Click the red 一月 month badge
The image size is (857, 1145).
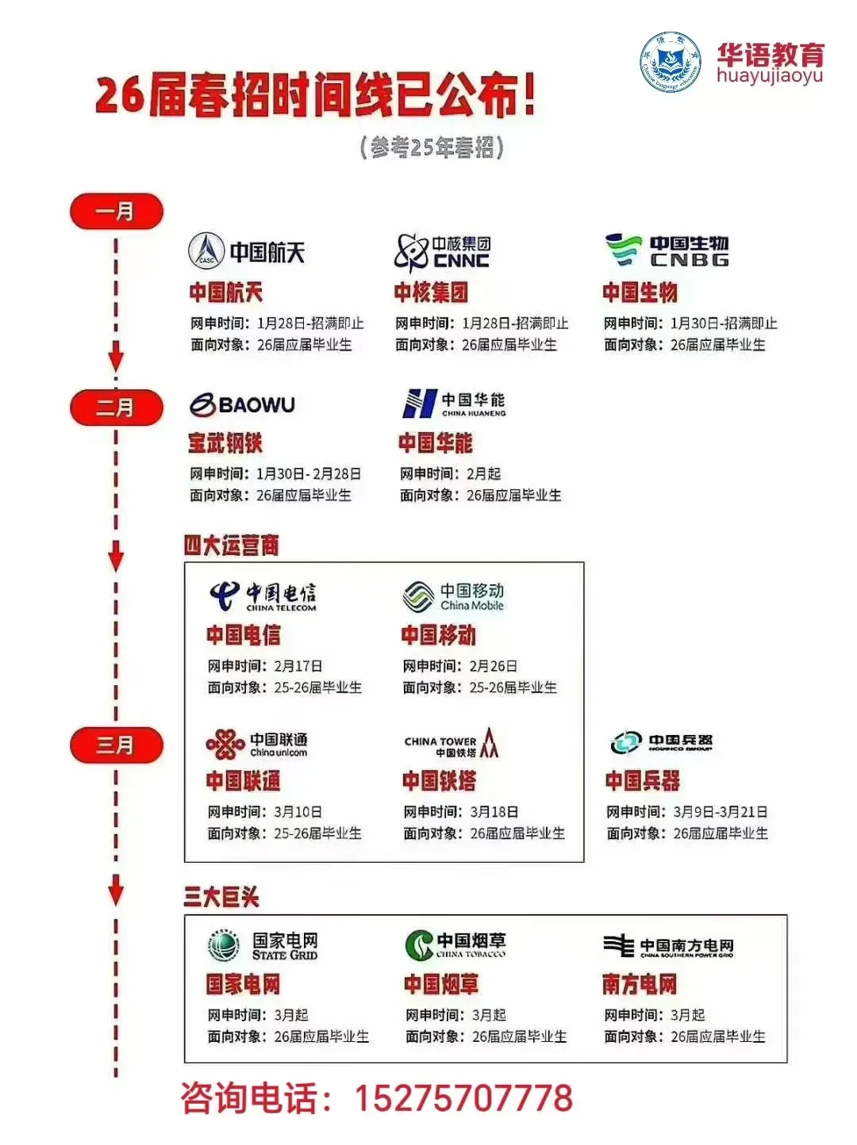116,212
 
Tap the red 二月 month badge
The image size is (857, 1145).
116,408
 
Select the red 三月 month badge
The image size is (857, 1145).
116,745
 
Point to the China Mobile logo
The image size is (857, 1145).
453,596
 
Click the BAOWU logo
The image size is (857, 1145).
242,404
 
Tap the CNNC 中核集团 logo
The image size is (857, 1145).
442,252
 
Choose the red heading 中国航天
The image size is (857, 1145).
225,293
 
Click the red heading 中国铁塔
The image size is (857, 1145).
439,781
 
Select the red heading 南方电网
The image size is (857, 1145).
640,985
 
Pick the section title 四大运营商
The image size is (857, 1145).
231,546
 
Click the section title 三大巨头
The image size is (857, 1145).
221,897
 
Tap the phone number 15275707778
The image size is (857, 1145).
463,1098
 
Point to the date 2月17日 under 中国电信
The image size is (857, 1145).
298,666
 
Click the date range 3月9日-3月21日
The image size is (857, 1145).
720,812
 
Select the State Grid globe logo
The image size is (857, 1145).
224,945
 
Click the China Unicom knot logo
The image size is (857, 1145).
225,744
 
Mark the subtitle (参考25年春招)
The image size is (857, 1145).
432,147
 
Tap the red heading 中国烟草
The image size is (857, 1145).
441,985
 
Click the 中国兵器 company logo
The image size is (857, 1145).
661,743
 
